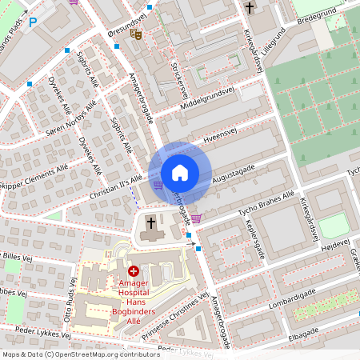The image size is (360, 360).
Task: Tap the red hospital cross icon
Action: [133, 273]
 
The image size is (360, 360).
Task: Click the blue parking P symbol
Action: [33, 22]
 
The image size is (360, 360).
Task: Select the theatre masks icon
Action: [138, 34]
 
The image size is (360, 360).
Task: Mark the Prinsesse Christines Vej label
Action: [181, 321]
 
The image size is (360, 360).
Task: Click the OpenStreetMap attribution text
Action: [70, 354]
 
